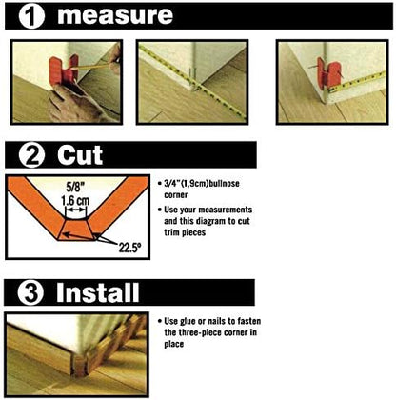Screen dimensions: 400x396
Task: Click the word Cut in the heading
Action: pyautogui.click(x=82, y=155)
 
